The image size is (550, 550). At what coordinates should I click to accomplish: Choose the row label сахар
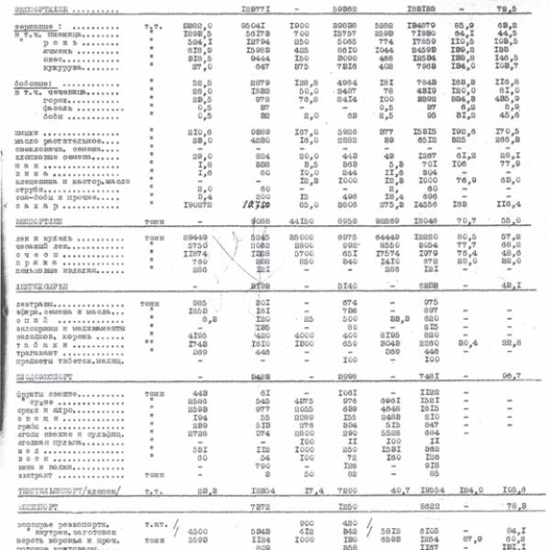(39, 206)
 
